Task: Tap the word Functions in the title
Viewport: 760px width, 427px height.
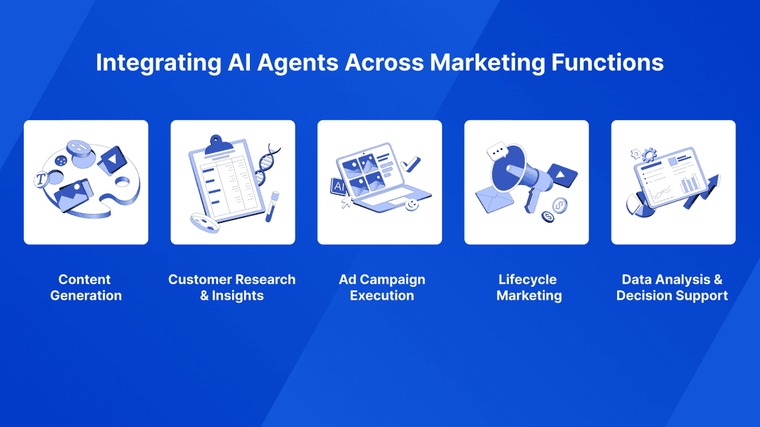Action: (x=607, y=63)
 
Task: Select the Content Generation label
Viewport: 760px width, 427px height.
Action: (x=86, y=288)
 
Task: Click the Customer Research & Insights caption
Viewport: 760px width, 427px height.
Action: (x=232, y=288)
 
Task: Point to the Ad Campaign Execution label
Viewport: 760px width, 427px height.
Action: (x=382, y=288)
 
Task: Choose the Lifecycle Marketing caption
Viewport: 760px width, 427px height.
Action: (x=528, y=288)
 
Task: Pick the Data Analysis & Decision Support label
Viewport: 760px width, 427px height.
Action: (x=672, y=288)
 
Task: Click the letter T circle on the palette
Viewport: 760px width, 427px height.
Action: (x=42, y=179)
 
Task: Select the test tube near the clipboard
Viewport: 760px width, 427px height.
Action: (x=272, y=207)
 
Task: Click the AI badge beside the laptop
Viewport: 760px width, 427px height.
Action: (x=338, y=186)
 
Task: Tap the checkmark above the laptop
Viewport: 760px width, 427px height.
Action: (x=410, y=164)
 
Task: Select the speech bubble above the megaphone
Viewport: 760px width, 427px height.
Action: (x=497, y=152)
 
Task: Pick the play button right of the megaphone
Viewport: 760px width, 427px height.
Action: (x=562, y=175)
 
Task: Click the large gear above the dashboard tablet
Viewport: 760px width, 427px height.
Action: (x=649, y=155)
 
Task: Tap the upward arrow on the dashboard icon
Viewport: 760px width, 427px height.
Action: (x=704, y=191)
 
